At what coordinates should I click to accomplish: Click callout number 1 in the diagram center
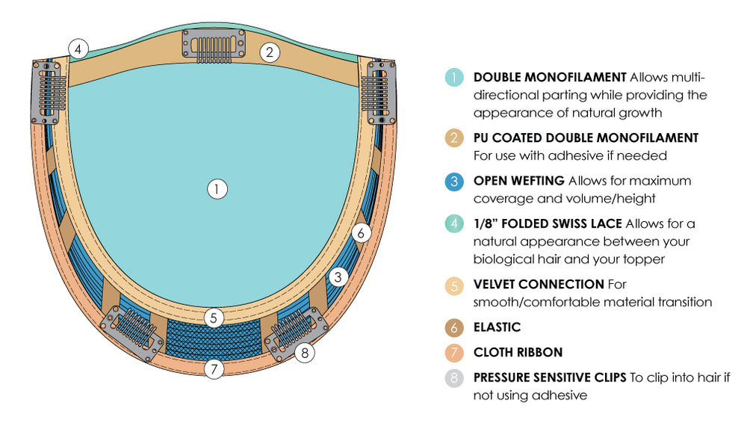tap(217, 189)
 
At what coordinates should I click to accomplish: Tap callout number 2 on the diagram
tap(270, 52)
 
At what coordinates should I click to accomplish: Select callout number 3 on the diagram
tap(338, 277)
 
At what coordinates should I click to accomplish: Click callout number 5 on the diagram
tap(214, 318)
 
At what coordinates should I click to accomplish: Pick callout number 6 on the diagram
tap(360, 233)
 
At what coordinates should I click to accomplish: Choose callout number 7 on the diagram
tap(214, 368)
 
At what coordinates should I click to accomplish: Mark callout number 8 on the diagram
tap(304, 353)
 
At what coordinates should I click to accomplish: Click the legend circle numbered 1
tap(453, 77)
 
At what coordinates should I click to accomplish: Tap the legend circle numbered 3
tap(453, 181)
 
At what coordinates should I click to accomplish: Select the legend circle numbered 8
tap(453, 377)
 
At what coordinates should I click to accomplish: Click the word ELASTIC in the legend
tap(497, 327)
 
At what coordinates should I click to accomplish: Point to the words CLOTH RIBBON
tap(518, 352)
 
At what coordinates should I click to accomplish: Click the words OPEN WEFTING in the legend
tap(518, 181)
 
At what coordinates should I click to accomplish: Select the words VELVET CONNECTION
tap(538, 284)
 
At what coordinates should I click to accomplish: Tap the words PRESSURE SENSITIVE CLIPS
tap(549, 377)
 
